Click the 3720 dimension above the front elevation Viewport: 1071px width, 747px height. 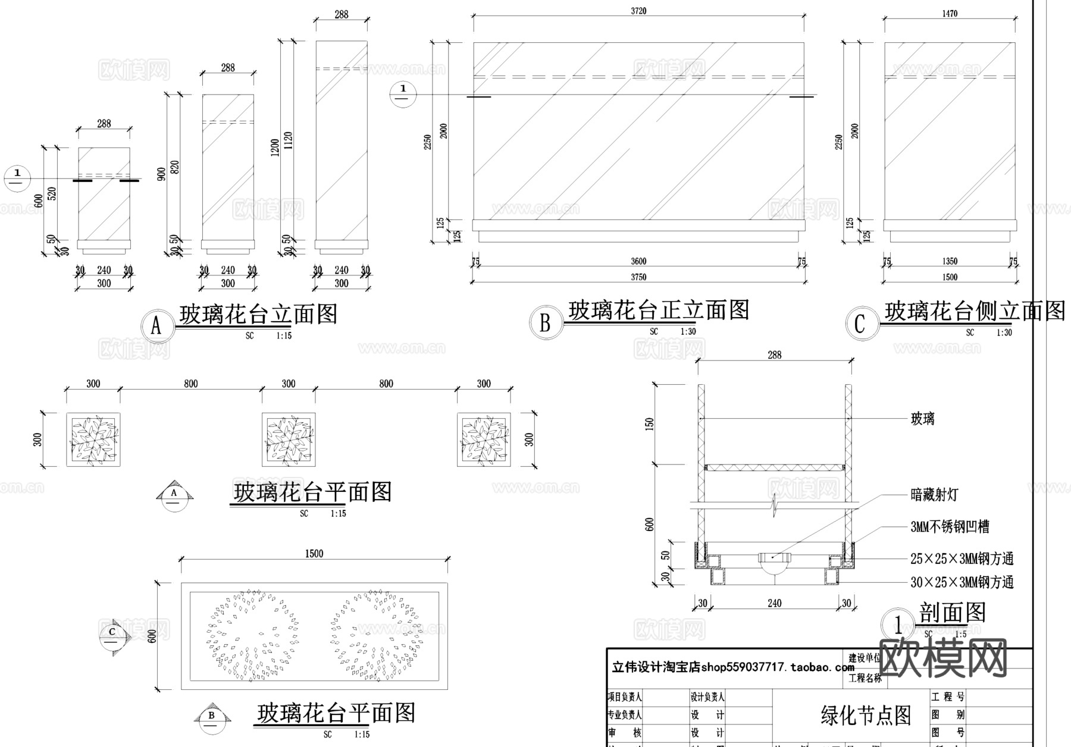click(638, 11)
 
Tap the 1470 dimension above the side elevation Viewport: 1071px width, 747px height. click(950, 13)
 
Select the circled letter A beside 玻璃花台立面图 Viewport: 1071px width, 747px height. click(156, 325)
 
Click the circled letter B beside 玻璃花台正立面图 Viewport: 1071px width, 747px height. click(545, 323)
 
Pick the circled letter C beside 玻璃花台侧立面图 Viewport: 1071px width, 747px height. click(860, 324)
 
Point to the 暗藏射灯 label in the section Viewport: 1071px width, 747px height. click(934, 495)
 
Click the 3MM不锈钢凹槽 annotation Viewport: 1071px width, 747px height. click(950, 526)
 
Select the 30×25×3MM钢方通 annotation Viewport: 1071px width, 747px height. click(962, 582)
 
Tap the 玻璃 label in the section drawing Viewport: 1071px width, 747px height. click(922, 419)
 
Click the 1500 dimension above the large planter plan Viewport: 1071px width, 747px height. click(314, 554)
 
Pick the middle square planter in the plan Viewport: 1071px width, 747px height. click(289, 440)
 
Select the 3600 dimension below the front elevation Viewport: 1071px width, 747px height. click(638, 261)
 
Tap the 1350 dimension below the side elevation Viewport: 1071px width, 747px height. click(950, 261)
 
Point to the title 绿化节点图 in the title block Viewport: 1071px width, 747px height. click(866, 715)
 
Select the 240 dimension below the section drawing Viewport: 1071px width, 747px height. click(774, 604)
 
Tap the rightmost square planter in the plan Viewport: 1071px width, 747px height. click(484, 440)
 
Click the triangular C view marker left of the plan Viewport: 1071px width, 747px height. click(113, 635)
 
